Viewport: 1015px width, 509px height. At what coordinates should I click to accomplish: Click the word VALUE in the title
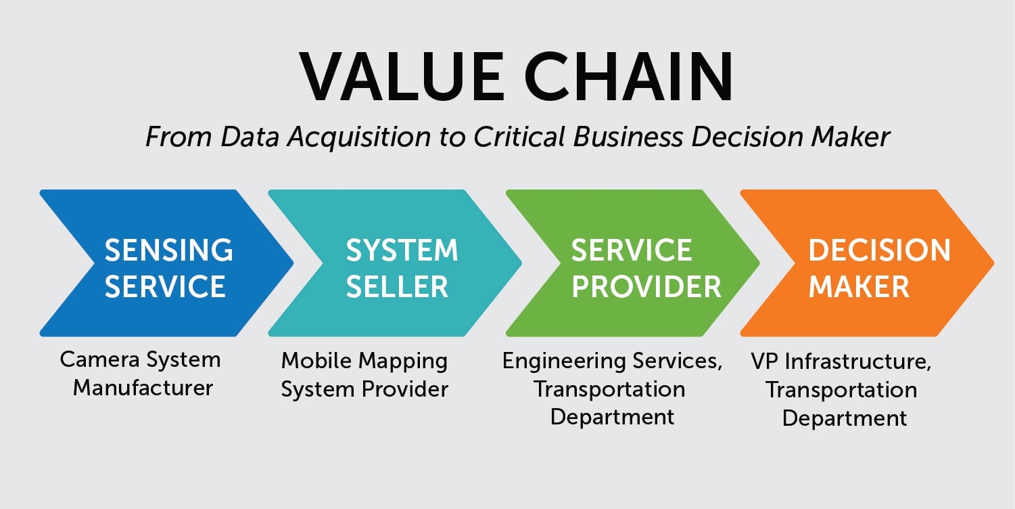click(x=402, y=76)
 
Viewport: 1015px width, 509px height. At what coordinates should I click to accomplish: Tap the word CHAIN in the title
click(x=629, y=76)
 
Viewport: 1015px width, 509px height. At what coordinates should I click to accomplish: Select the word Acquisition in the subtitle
click(x=359, y=137)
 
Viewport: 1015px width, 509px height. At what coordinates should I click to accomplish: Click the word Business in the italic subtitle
click(x=628, y=137)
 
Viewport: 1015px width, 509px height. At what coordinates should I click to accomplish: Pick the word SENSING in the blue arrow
click(x=168, y=250)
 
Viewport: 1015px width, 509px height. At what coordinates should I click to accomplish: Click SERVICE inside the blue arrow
click(x=165, y=286)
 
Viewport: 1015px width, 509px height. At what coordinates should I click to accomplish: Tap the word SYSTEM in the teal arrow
click(x=402, y=250)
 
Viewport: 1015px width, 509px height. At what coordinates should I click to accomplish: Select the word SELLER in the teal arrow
click(x=397, y=286)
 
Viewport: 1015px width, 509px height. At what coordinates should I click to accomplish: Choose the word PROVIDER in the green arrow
click(x=646, y=286)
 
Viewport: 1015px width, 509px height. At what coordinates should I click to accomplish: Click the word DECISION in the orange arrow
click(x=880, y=250)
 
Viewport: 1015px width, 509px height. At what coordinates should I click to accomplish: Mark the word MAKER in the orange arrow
click(x=859, y=286)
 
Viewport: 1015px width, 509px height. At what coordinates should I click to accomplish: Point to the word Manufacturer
click(x=143, y=388)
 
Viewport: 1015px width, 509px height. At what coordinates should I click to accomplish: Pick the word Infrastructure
click(x=857, y=362)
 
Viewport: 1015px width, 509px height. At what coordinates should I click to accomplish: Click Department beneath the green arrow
click(x=612, y=418)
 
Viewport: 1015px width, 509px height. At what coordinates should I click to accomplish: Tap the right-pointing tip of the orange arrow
click(x=994, y=263)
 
